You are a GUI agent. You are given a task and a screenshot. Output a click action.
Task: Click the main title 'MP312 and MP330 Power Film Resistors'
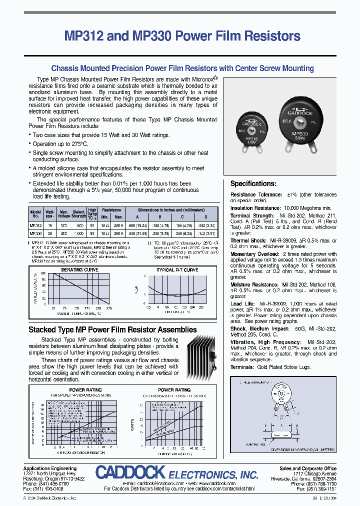click(182, 36)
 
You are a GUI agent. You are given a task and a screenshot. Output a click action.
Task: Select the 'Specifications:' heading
click(253, 183)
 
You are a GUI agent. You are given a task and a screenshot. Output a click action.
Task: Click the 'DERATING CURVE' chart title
click(79, 270)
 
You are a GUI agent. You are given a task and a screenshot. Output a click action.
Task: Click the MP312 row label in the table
click(35, 224)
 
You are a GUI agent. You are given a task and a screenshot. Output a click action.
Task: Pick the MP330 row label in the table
click(35, 233)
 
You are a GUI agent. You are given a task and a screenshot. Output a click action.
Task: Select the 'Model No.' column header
click(35, 213)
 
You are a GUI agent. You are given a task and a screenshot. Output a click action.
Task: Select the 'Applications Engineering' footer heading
click(47, 468)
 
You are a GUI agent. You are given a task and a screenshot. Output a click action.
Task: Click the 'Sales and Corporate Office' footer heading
click(307, 468)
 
